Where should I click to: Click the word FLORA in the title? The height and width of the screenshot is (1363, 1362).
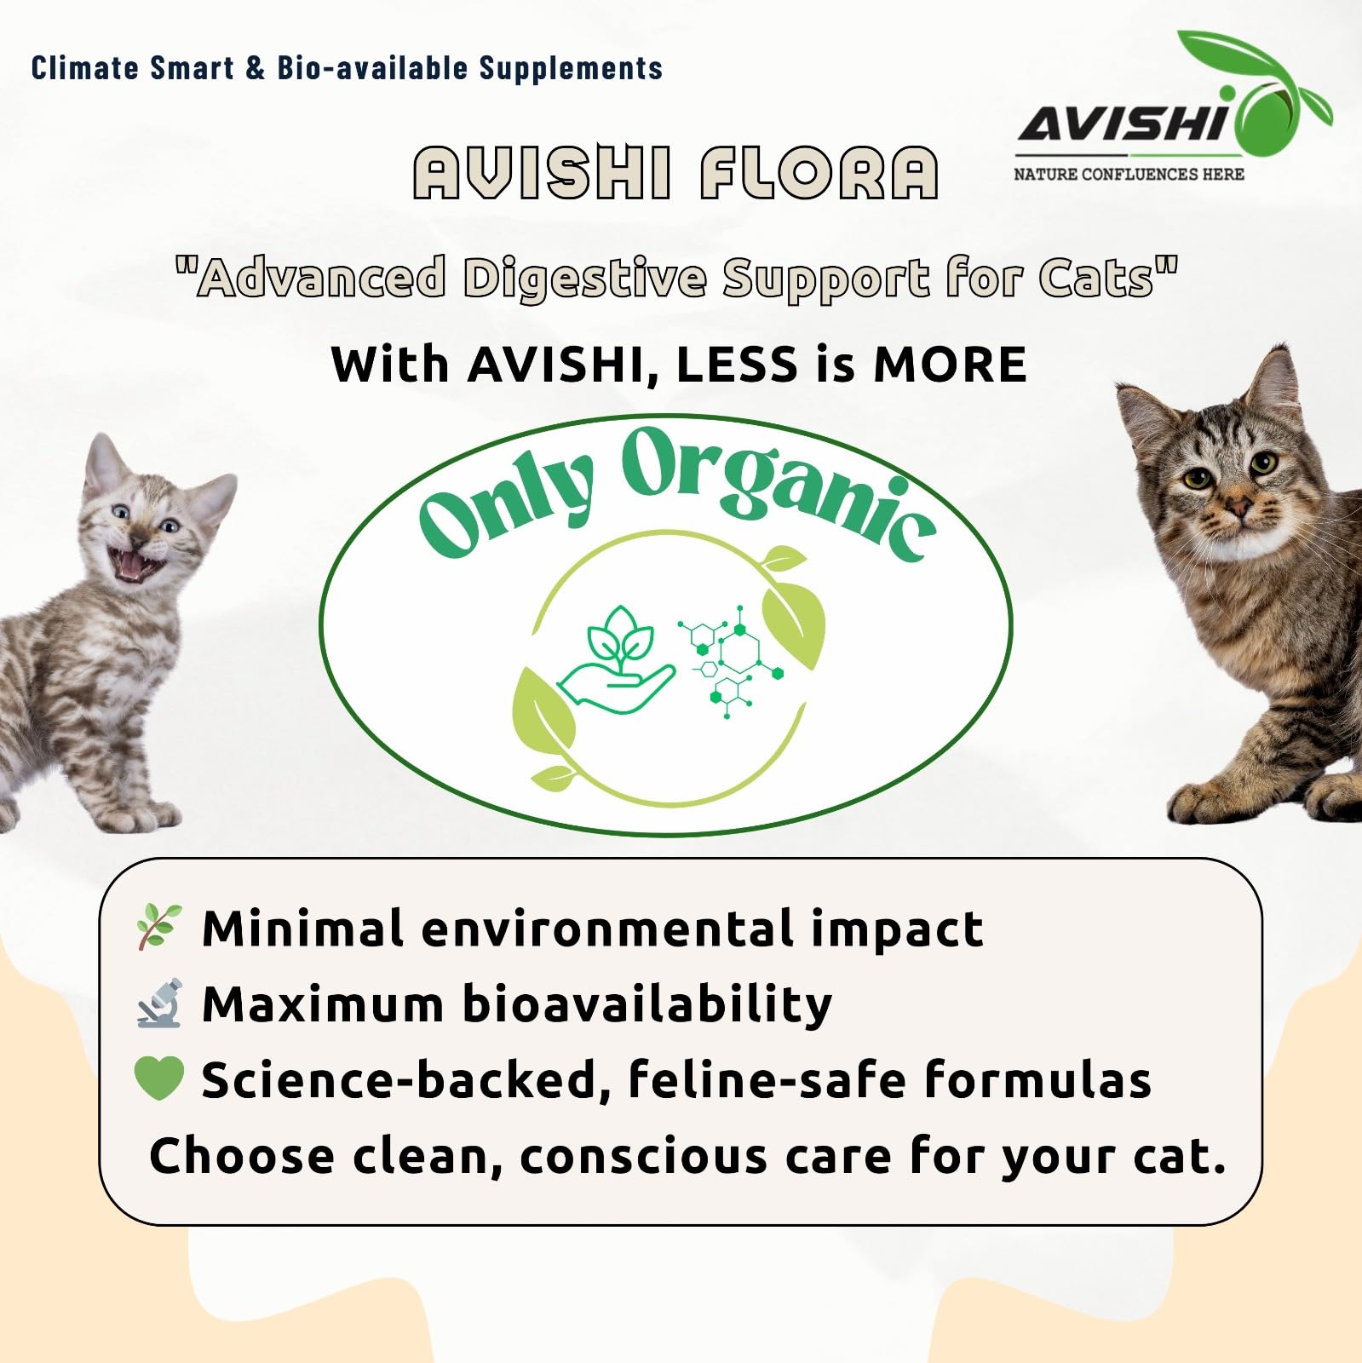[819, 173]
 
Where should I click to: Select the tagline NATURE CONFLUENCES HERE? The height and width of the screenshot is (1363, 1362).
[1129, 175]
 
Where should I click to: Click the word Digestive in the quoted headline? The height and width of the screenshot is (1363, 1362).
[584, 279]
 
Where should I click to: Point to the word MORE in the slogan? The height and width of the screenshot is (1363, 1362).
[950, 365]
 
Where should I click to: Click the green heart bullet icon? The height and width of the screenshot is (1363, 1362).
[159, 1078]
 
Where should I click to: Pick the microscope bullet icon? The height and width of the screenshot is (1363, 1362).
[160, 1003]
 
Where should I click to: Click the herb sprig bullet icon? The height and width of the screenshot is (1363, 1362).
[159, 926]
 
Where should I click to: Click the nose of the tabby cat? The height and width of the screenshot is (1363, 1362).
[1238, 508]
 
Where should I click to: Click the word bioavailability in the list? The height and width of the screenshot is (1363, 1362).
[647, 1004]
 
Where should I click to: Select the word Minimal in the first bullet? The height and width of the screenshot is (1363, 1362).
[302, 928]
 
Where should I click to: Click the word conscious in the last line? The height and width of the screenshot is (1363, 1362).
[644, 1157]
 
